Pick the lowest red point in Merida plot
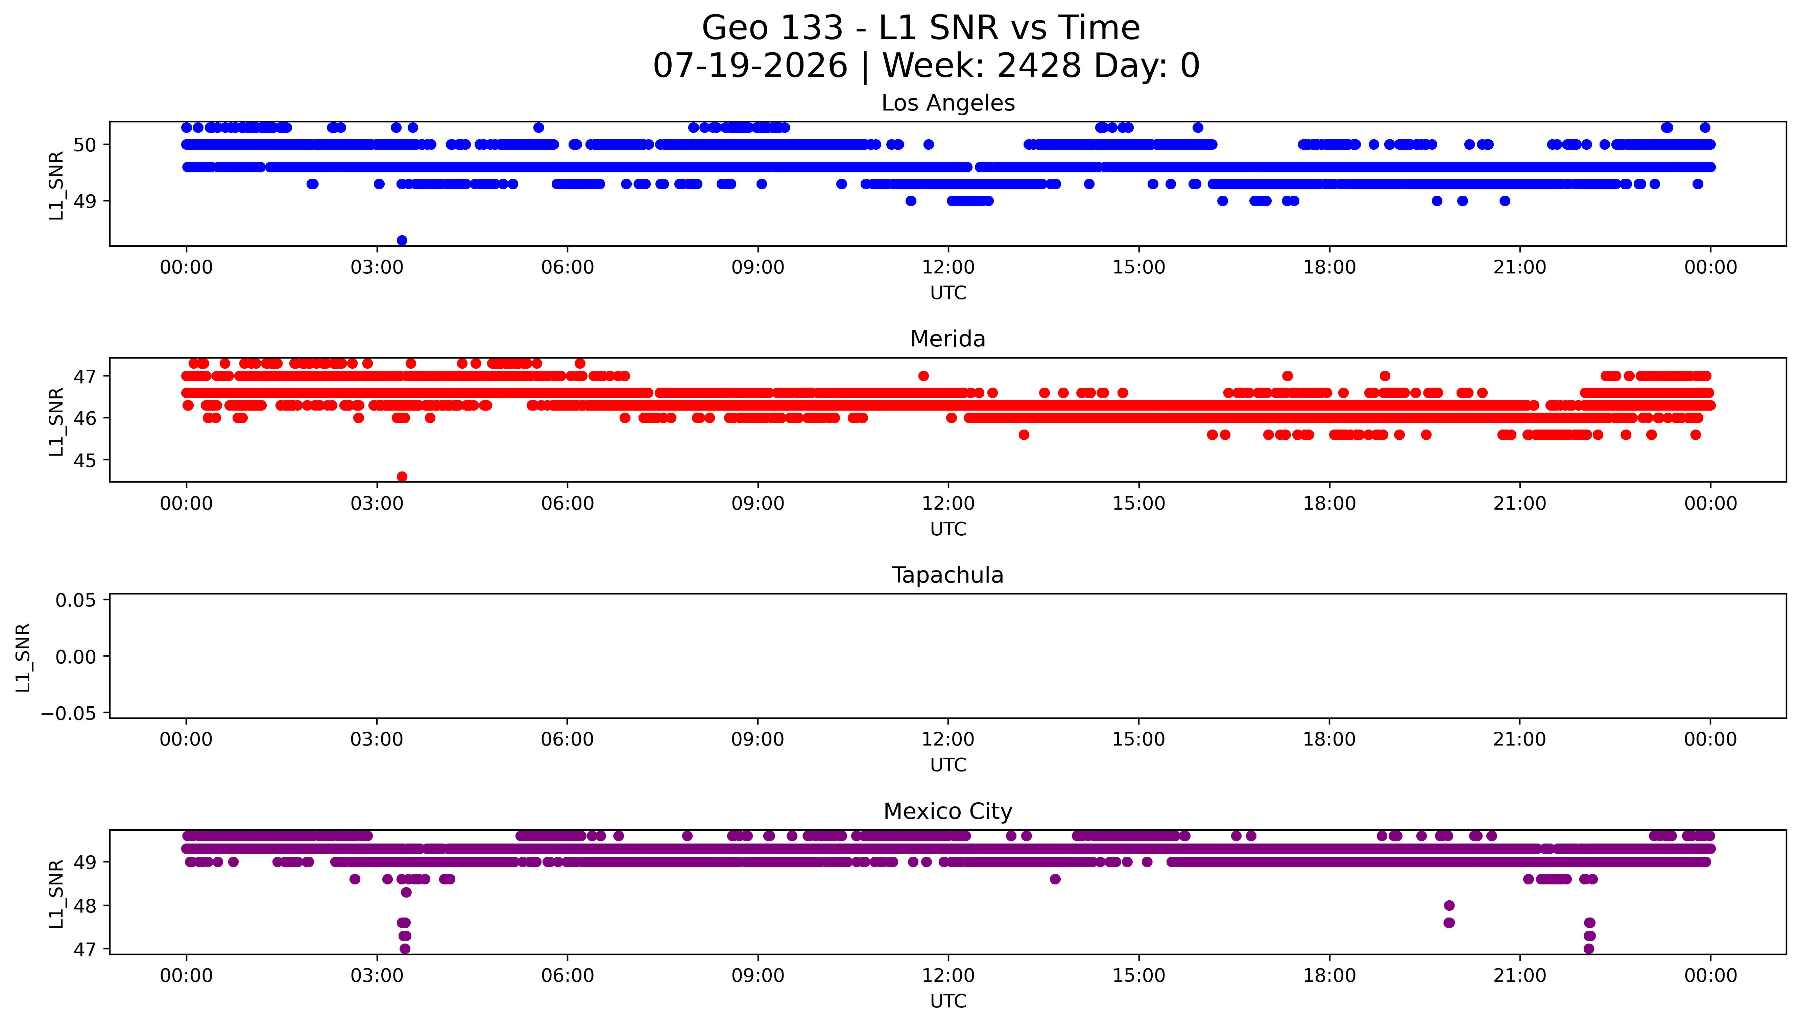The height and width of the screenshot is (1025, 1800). (x=402, y=477)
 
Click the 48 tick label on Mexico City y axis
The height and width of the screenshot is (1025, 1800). (x=85, y=906)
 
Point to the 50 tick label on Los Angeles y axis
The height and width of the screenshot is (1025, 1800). (x=85, y=145)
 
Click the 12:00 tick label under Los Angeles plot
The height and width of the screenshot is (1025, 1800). (x=948, y=268)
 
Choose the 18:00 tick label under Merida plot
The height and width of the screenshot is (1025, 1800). (x=1329, y=503)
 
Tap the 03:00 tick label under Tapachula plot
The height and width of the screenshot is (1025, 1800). (x=377, y=739)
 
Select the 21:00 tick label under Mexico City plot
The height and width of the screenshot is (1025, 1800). (x=1520, y=976)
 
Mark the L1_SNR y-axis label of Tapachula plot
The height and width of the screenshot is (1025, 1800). (x=23, y=657)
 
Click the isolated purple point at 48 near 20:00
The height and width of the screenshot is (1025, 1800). (x=1449, y=905)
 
